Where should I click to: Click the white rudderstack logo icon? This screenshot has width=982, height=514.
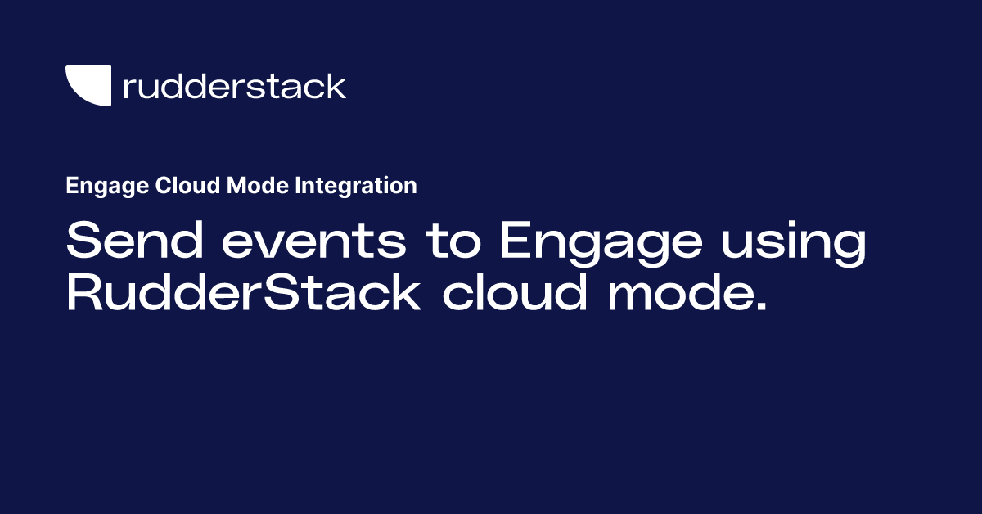(87, 85)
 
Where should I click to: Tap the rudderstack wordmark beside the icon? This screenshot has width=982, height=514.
(234, 86)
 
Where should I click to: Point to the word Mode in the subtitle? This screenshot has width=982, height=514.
(245, 186)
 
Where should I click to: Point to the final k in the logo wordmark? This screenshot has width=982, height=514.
(336, 86)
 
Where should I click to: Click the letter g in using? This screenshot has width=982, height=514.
(849, 249)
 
